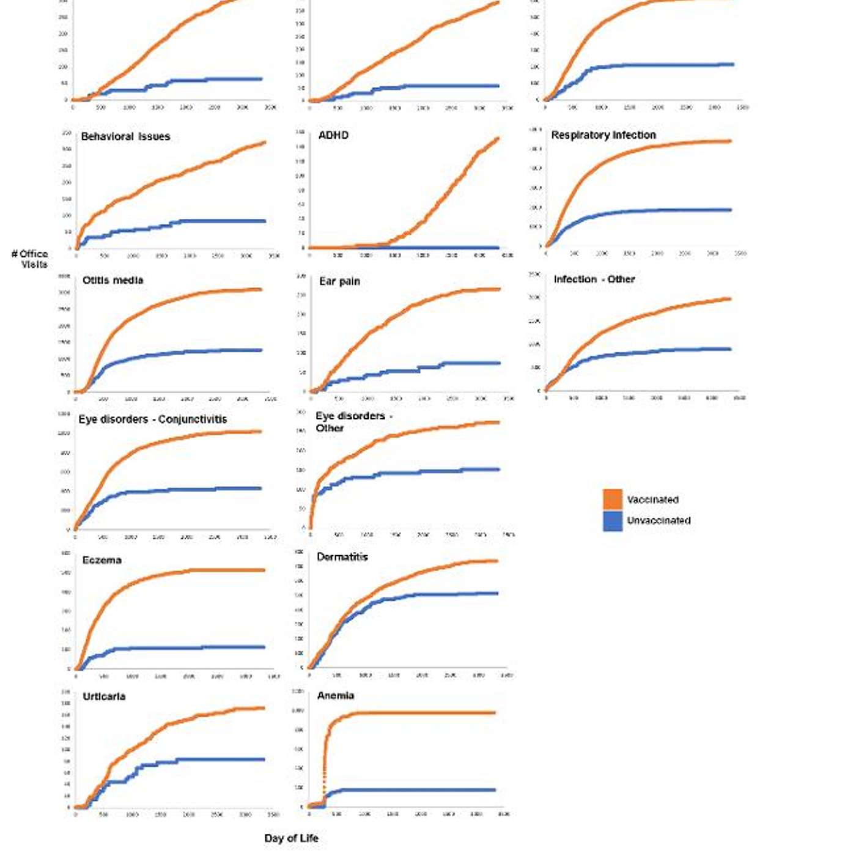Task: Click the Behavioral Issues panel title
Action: [125, 136]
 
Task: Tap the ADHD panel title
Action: [333, 135]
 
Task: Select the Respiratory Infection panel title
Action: [603, 135]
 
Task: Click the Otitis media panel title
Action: [113, 280]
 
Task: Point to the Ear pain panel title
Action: [339, 281]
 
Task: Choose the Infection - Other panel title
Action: [594, 279]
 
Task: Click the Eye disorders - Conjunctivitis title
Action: [153, 419]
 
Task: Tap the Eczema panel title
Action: [101, 560]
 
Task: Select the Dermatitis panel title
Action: [342, 557]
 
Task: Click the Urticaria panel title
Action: [104, 696]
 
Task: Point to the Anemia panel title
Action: [336, 696]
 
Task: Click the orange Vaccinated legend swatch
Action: [612, 499]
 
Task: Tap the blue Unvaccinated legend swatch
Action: [612, 520]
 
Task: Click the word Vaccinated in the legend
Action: [652, 500]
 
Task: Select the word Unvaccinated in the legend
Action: [659, 520]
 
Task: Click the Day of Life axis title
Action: [291, 838]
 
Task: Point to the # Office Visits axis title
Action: [30, 259]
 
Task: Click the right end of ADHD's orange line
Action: [498, 139]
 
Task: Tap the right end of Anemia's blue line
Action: [494, 790]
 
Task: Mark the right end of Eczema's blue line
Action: [264, 647]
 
